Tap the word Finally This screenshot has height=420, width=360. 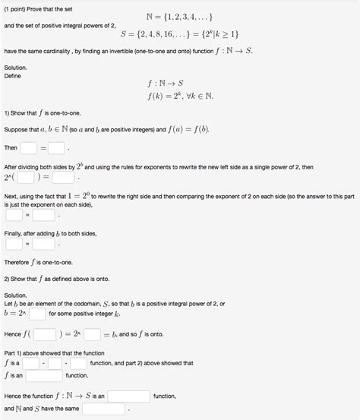point(16,233)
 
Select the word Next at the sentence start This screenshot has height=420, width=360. point(13,194)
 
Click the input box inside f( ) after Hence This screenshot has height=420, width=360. point(44,333)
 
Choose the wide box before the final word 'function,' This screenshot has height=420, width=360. point(128,396)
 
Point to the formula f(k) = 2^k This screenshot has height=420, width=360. point(179,96)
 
